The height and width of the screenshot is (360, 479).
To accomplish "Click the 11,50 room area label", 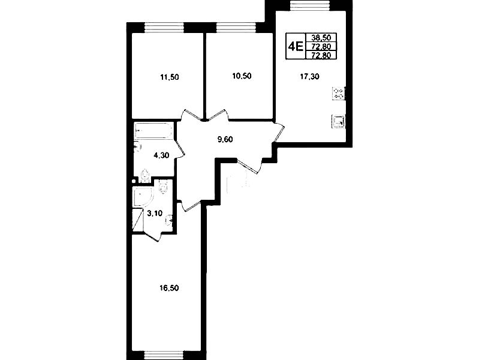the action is [x=170, y=77].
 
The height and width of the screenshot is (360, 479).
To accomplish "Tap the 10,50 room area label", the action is [x=242, y=76].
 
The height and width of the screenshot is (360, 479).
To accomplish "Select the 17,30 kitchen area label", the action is [x=309, y=76].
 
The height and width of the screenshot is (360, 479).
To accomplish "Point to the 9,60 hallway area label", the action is [x=225, y=139].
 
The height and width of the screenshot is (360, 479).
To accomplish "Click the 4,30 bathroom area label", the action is [x=161, y=155].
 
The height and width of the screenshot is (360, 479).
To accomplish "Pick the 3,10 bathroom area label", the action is [x=155, y=213].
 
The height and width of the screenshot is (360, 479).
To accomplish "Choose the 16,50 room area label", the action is [x=169, y=288].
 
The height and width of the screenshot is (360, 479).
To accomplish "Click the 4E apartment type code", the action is [x=296, y=46].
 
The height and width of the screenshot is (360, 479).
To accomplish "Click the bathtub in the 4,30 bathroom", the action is [x=153, y=131].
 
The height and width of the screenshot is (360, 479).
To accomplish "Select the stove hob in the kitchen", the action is [x=339, y=93].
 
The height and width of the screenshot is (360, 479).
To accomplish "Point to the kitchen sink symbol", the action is [x=338, y=121].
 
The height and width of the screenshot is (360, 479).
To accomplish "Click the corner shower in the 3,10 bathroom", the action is [x=142, y=197].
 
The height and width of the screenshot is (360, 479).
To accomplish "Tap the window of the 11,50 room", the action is [x=164, y=28].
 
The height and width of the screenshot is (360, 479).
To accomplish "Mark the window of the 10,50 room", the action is [x=236, y=28].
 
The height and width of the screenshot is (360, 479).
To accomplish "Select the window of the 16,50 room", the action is [x=164, y=355].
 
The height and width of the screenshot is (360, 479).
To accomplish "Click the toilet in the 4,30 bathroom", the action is [x=145, y=176].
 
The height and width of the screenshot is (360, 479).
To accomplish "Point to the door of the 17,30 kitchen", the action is [x=278, y=132].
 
